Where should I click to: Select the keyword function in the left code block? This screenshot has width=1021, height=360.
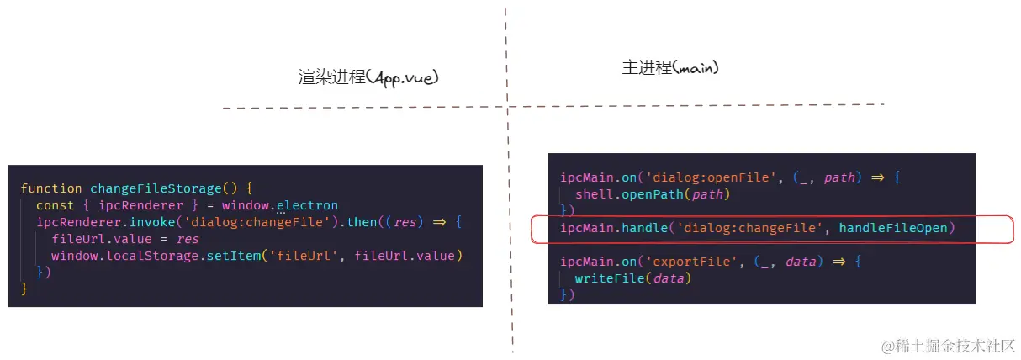pos(51,188)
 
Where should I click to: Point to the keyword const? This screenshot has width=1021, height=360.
pos(55,205)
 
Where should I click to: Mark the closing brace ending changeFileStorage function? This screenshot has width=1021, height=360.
pos(24,289)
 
